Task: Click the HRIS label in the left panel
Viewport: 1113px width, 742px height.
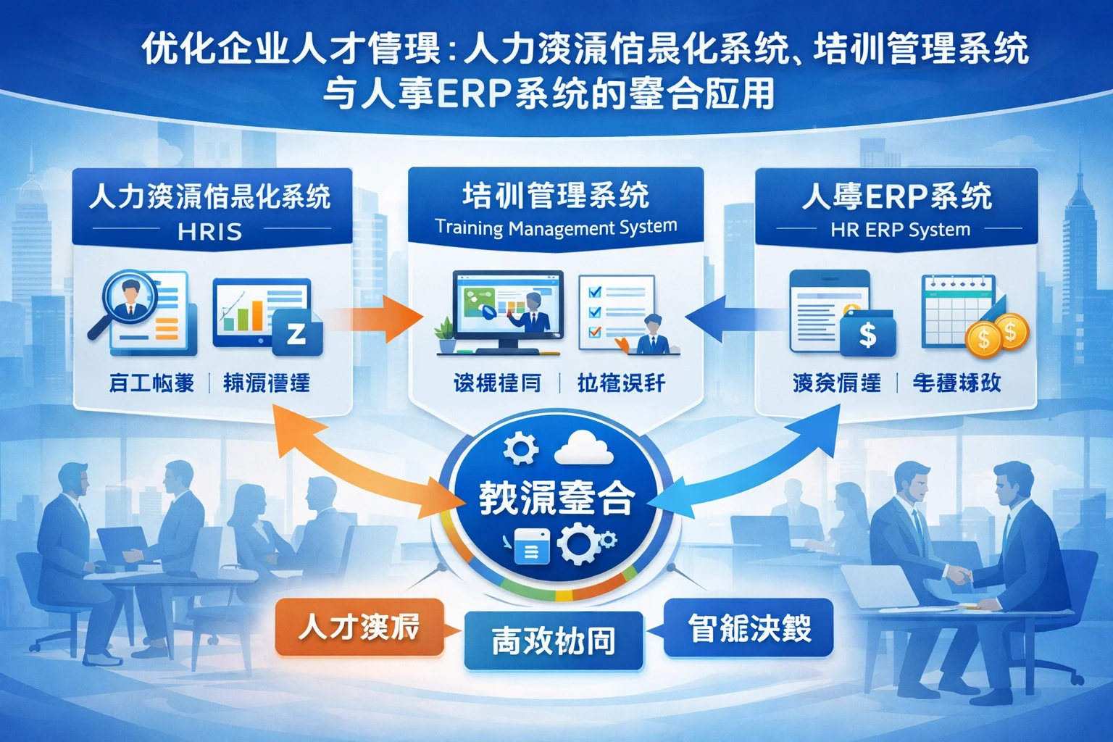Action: pos(210,232)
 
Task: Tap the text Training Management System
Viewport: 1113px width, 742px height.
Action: pos(556,228)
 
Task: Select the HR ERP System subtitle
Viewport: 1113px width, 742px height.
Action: pos(900,230)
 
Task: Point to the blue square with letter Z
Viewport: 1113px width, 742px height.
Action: pos(297,333)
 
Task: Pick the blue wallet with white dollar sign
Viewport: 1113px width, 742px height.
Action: pos(867,335)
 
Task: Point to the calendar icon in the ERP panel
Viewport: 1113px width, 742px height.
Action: pos(956,312)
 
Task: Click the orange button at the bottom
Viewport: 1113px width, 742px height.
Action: pos(359,628)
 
